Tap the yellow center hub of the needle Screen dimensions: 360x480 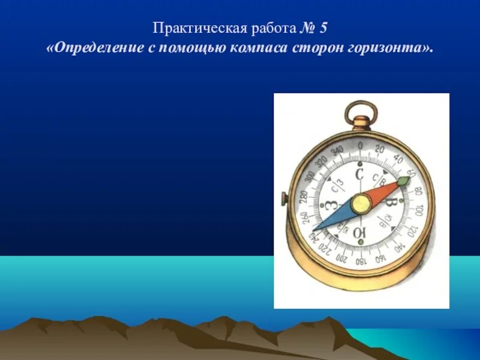point(361,204)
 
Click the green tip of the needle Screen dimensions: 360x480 point(403,180)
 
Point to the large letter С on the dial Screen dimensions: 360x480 point(360,175)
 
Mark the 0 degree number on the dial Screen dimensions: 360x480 point(360,146)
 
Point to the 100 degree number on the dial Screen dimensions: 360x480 point(418,210)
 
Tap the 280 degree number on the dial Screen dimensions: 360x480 point(303,197)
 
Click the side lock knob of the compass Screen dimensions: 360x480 point(283,197)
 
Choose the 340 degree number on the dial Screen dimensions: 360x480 point(337,150)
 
